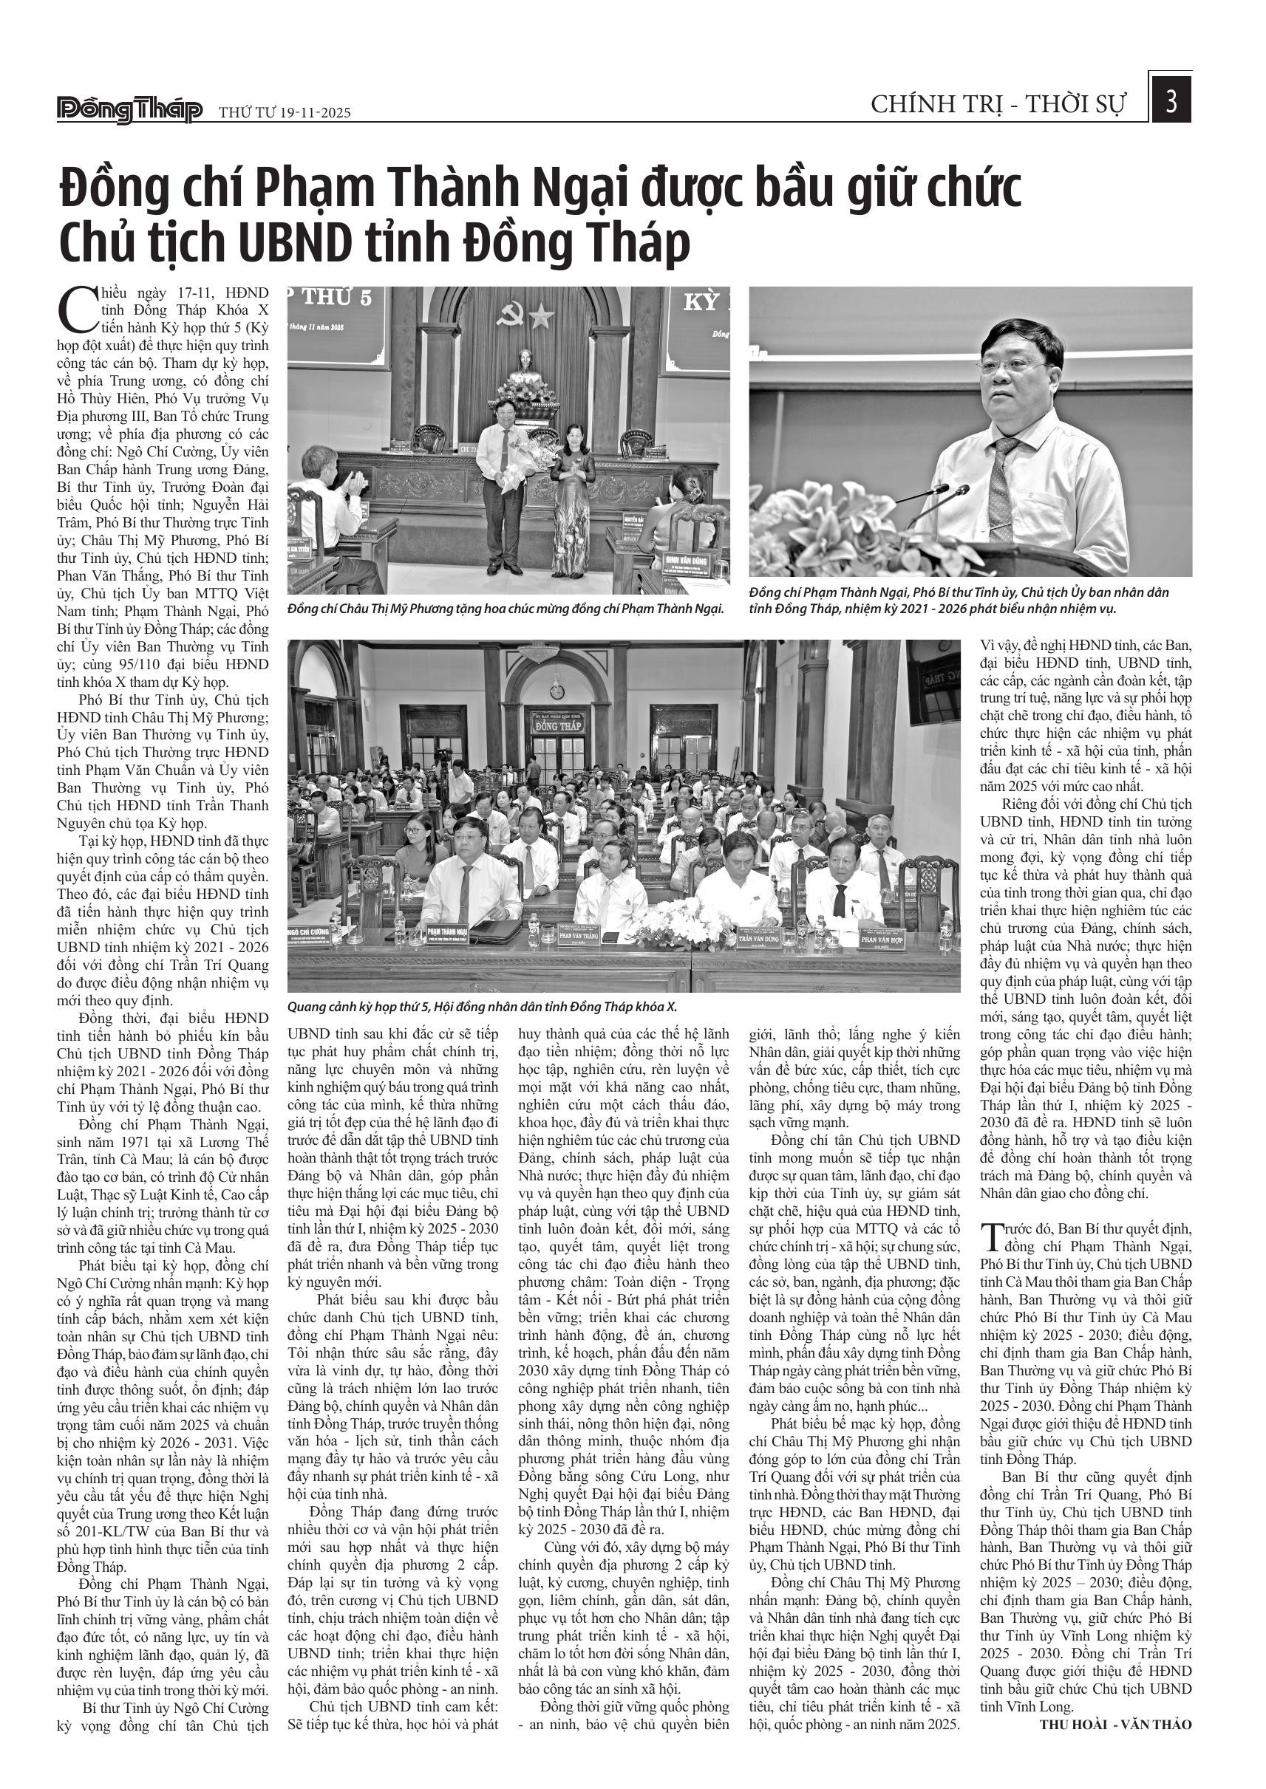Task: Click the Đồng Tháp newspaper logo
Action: (x=129, y=110)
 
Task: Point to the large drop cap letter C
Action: (x=75, y=309)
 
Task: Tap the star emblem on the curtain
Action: (x=541, y=315)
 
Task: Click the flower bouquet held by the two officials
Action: (x=527, y=459)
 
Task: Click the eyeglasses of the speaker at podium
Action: (x=1013, y=365)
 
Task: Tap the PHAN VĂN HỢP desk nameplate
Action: (x=881, y=940)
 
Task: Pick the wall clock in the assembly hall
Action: (x=557, y=691)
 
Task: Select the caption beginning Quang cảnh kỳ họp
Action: (x=482, y=1006)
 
